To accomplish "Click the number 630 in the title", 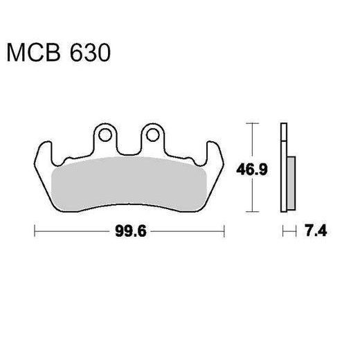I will point(89,54).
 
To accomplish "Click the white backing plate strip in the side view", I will point(282,166).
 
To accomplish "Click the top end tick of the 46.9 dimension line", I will point(253,123).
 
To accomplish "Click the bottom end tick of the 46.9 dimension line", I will point(253,212).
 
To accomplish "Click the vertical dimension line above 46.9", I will point(253,142).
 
